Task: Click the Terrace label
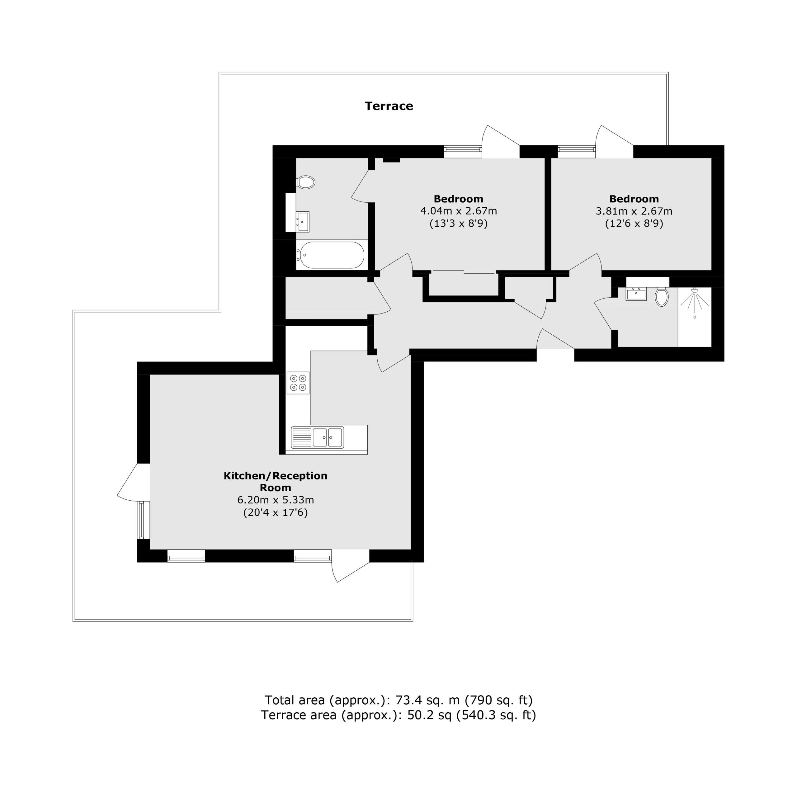(x=389, y=106)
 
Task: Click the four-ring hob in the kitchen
(x=298, y=383)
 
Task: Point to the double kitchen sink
(x=317, y=437)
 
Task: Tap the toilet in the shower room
(x=661, y=297)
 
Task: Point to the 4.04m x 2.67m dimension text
(x=458, y=211)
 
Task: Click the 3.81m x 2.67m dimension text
(x=634, y=211)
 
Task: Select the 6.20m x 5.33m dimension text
(x=276, y=500)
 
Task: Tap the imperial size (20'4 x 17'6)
(x=276, y=512)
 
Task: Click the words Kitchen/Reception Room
(x=276, y=481)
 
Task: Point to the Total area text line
(x=398, y=700)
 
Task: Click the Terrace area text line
(x=398, y=715)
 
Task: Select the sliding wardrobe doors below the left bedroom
(x=464, y=272)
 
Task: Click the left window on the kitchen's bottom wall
(x=186, y=556)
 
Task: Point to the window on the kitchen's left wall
(x=143, y=520)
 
